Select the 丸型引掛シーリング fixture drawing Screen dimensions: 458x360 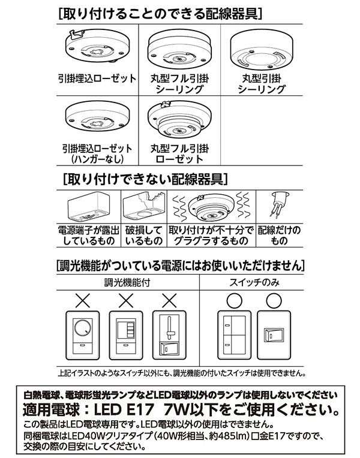(x=259, y=54)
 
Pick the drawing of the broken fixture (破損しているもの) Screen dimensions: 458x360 (x=144, y=207)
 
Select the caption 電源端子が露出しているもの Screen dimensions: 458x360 (x=88, y=236)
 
